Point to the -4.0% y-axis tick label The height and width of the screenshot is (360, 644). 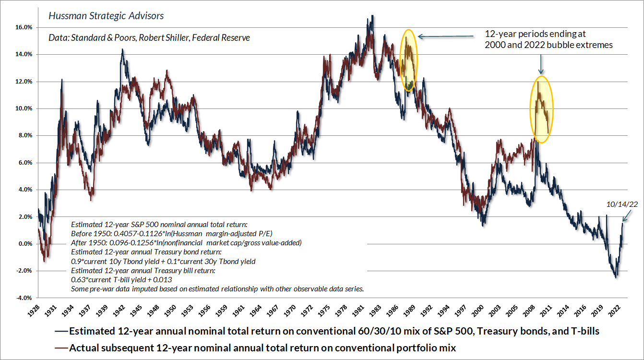(24, 298)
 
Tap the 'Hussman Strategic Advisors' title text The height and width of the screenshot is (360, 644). (106, 16)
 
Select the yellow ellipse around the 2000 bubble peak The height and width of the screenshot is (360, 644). (409, 60)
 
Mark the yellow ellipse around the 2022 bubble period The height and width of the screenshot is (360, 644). (541, 109)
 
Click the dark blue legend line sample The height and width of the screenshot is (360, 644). (61, 331)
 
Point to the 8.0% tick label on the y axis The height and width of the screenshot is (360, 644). (24, 135)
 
